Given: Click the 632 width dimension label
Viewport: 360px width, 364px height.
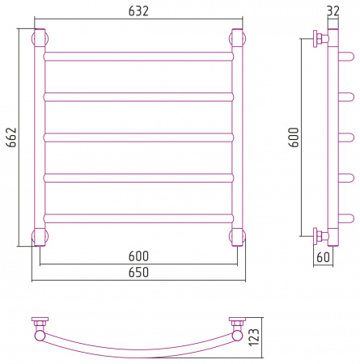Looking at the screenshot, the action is [138, 11].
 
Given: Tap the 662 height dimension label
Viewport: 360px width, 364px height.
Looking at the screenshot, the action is [11, 138].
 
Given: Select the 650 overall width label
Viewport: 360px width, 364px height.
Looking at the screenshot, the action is [138, 273].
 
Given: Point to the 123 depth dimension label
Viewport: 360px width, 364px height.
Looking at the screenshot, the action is [254, 337].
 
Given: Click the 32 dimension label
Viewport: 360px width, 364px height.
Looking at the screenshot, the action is [333, 11].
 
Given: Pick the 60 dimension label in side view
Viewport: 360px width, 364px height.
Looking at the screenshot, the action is [323, 257].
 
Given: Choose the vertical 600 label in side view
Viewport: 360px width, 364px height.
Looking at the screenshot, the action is [294, 138].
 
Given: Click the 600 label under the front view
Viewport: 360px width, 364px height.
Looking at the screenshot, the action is [138, 256].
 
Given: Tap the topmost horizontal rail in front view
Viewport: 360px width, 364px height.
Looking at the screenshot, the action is [138, 57].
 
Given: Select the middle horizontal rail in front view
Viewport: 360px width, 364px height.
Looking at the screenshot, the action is [138, 138].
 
